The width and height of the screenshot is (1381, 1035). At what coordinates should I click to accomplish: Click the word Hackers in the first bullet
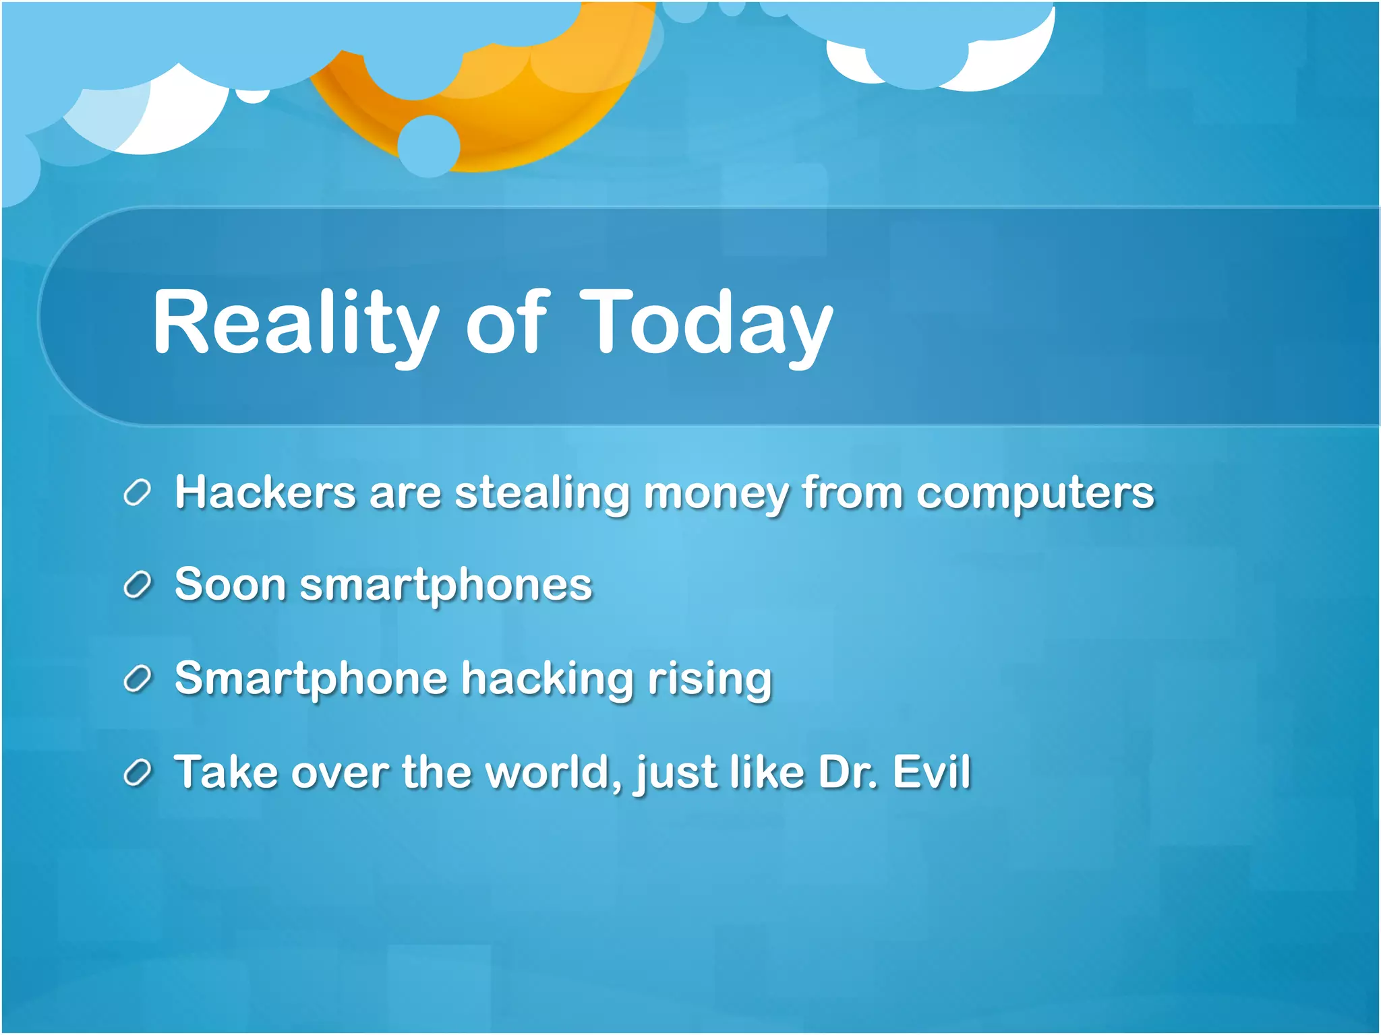(265, 493)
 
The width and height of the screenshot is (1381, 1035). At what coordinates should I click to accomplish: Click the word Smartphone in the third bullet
(311, 679)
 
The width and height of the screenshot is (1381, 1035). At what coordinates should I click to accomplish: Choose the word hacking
(547, 679)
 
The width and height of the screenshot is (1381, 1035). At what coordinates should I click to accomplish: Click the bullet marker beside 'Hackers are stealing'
(137, 493)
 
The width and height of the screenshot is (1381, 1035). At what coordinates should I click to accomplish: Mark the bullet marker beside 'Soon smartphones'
(137, 585)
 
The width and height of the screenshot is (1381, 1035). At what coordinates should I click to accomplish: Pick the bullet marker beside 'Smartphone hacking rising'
(137, 679)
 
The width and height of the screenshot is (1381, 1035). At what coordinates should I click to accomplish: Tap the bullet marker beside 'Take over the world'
(137, 773)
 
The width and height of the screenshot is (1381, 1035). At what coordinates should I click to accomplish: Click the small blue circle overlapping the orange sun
(429, 146)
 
